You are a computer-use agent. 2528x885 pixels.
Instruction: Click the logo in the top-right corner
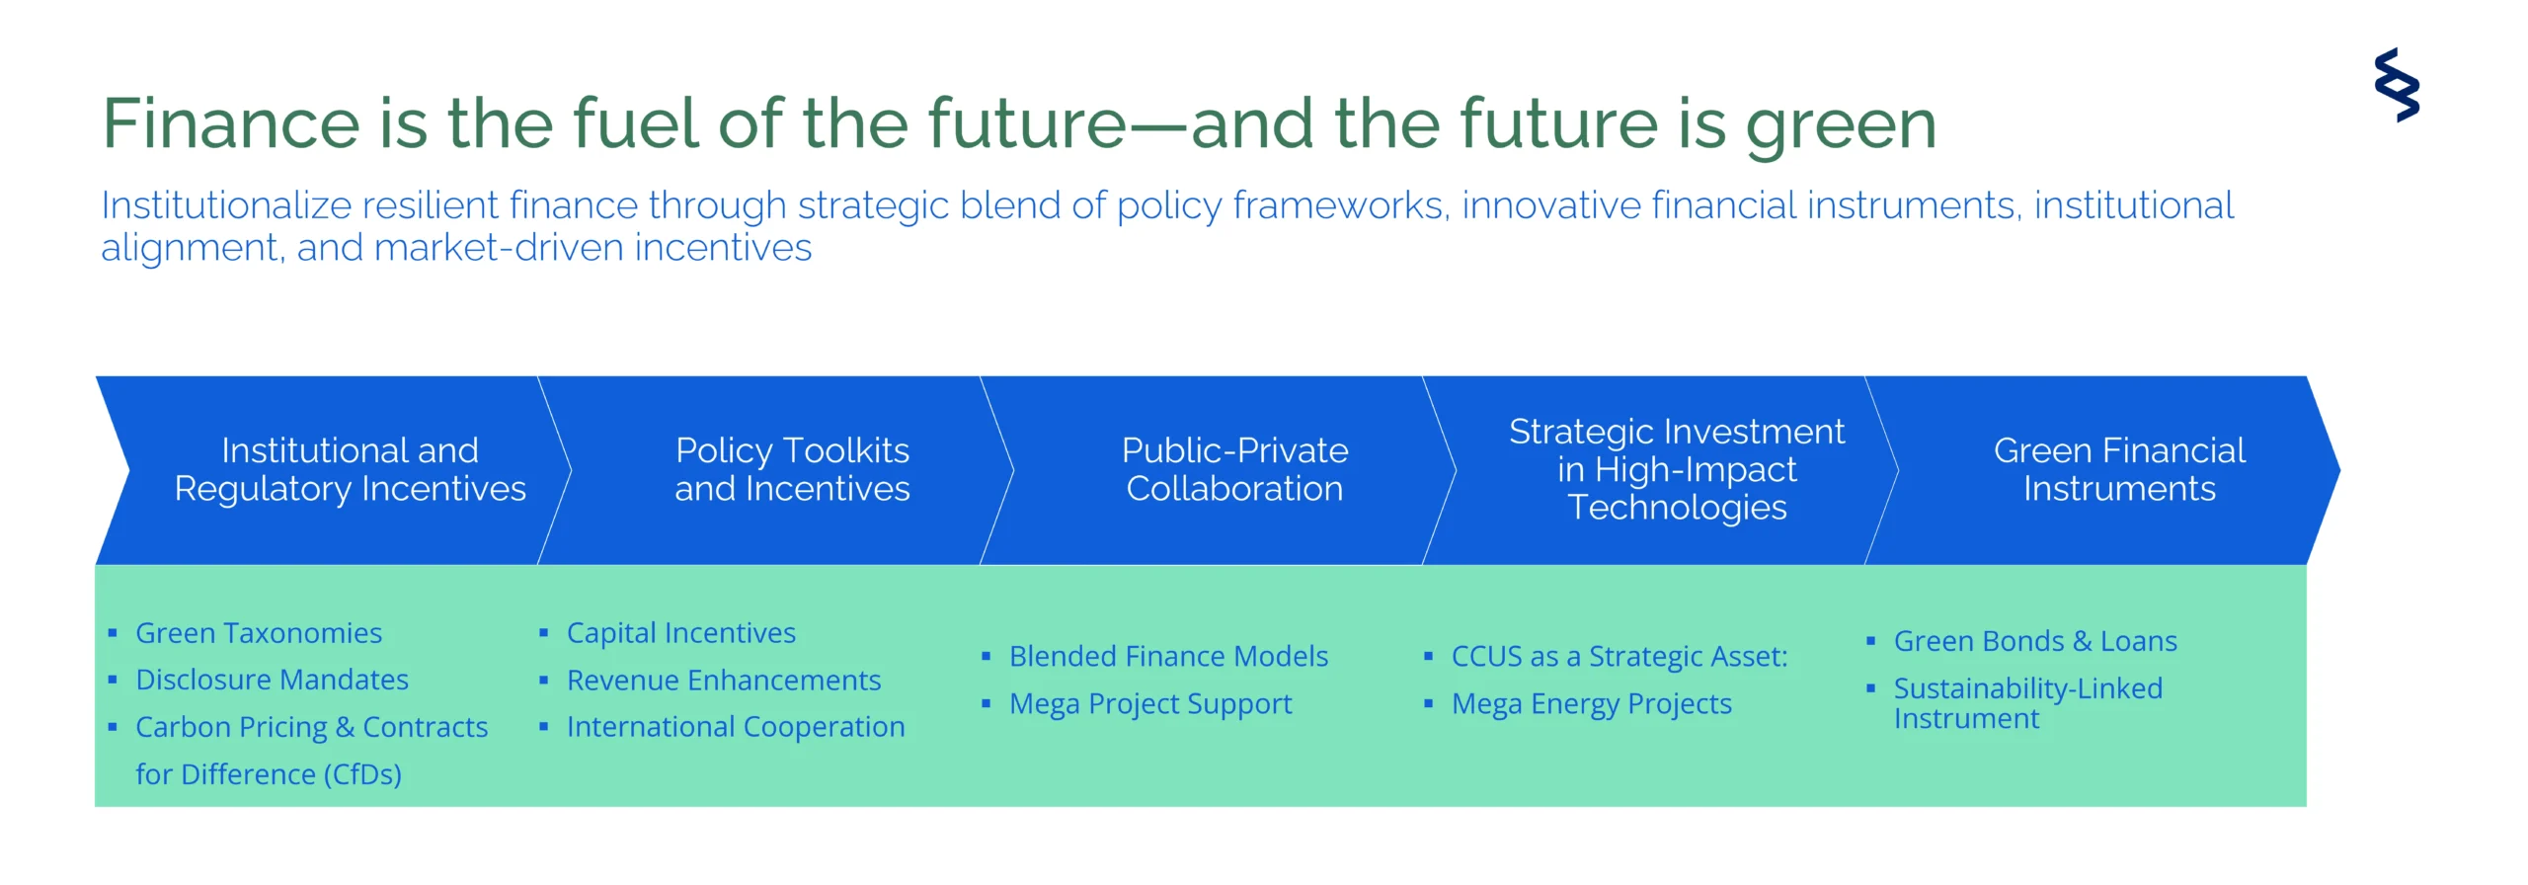pos(2397,85)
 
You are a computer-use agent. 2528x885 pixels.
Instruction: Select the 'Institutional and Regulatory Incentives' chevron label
pos(350,469)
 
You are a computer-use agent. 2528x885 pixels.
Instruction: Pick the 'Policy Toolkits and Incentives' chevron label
pos(792,469)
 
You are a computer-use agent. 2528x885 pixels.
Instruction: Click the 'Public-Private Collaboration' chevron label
pos(1234,469)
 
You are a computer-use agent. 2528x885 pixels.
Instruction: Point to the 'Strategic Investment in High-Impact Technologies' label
pos(1677,469)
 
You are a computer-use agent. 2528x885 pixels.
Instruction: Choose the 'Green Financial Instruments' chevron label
pos(2119,469)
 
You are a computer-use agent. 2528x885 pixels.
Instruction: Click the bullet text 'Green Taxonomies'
pos(259,633)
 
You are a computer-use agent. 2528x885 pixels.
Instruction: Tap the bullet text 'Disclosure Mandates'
pos(272,680)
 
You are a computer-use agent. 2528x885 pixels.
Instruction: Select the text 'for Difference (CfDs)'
pos(269,774)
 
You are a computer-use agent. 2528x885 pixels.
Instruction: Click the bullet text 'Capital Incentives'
pos(681,633)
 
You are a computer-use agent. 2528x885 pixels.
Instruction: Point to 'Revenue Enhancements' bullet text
pos(724,680)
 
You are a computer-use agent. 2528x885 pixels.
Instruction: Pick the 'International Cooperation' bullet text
pos(736,727)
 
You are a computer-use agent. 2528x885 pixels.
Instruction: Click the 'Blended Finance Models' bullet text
pos(1168,656)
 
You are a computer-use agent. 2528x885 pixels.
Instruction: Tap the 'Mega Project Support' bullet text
pos(1150,704)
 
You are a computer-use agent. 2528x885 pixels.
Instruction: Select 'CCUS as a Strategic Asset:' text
pos(1619,657)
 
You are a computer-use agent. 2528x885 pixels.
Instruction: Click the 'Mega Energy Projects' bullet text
pos(1592,704)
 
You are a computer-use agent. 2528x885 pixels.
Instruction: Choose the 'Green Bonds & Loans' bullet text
pos(2035,641)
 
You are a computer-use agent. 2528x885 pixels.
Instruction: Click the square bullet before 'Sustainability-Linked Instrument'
pos(1870,688)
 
